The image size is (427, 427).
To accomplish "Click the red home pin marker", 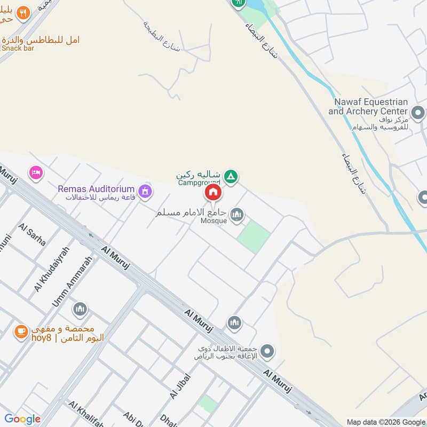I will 212,193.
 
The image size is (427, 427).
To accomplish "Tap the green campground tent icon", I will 231,176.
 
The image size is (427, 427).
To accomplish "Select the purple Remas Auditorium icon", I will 144,191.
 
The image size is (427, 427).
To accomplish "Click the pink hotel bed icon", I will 36,173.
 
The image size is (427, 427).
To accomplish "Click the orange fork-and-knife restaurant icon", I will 22,13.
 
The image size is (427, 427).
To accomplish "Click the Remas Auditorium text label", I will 97,189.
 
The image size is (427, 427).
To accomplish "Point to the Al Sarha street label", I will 32,234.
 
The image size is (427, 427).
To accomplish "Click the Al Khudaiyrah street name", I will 52,270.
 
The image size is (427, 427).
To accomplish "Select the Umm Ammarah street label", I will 73,281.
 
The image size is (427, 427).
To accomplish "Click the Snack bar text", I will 18,48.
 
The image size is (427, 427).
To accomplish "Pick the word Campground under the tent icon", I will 199,183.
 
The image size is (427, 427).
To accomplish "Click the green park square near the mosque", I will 254,236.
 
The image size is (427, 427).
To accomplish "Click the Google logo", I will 22,419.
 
